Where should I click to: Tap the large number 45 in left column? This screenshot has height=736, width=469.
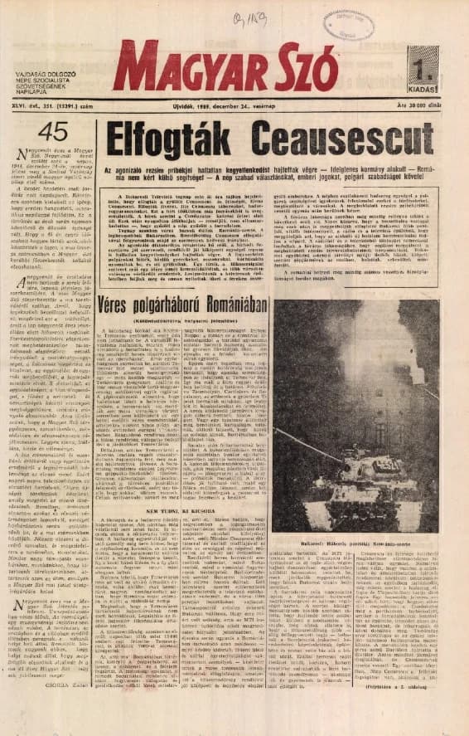[53, 130]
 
